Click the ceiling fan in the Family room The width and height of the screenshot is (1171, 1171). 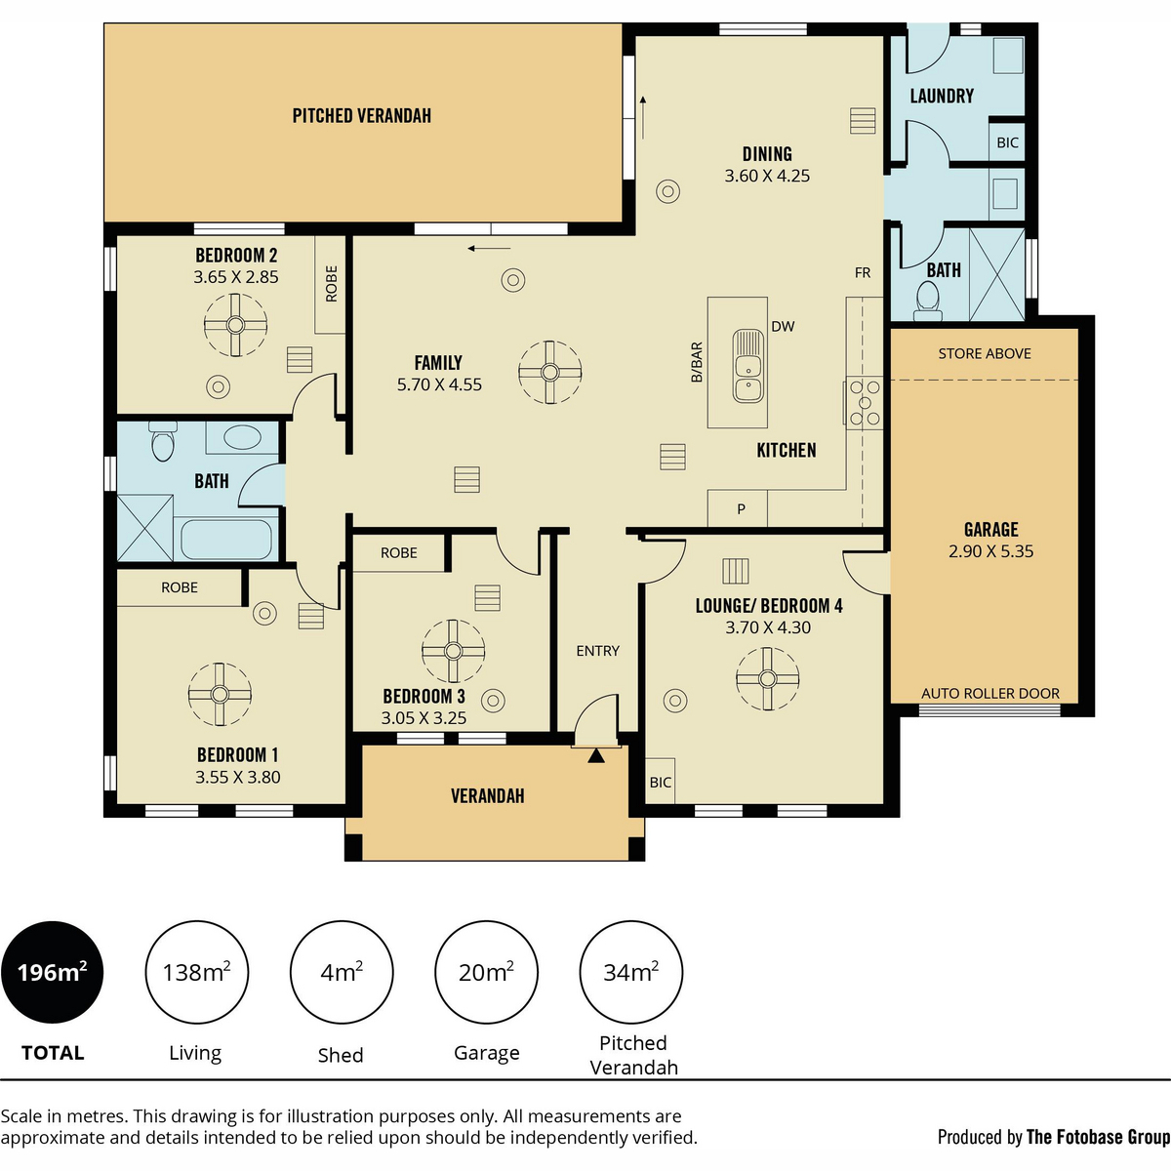click(x=550, y=372)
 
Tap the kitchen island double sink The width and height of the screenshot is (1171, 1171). click(x=748, y=366)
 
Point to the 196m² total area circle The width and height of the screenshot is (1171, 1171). click(x=53, y=972)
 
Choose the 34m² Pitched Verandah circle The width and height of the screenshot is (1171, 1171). click(x=631, y=972)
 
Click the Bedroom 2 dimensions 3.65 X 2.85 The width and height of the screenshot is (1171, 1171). click(x=236, y=277)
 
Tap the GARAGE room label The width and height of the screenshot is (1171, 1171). click(x=991, y=529)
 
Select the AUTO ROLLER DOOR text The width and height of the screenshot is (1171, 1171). click(x=990, y=694)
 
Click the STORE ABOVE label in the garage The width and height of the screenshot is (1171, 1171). click(x=985, y=353)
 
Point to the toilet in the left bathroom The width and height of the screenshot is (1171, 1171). click(x=162, y=441)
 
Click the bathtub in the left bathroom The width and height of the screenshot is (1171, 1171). click(x=226, y=539)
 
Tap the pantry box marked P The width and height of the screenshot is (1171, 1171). click(x=738, y=508)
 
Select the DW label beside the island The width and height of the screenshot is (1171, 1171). click(x=783, y=326)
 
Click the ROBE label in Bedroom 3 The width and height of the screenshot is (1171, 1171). click(x=399, y=553)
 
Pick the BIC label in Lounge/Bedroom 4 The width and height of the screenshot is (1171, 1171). click(x=660, y=782)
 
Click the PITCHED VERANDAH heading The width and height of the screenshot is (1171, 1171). click(x=362, y=116)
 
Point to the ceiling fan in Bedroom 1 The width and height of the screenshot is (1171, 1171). click(x=220, y=694)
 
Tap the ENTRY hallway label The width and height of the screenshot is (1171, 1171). click(x=597, y=651)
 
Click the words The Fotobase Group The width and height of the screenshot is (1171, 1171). click(x=1098, y=1137)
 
